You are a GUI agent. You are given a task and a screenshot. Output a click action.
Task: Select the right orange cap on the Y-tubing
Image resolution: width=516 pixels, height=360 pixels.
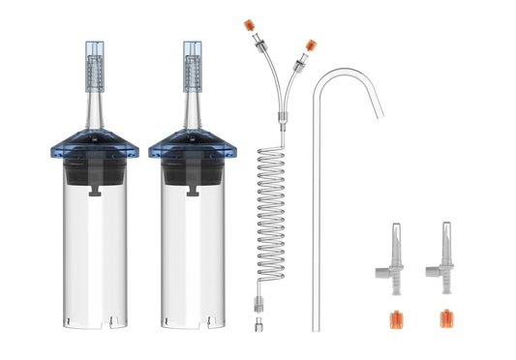click(310, 44)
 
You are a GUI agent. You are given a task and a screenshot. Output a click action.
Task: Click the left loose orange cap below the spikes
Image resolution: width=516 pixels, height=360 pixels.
click(395, 316)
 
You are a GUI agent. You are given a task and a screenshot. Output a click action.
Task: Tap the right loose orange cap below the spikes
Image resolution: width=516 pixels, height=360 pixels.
click(445, 316)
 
